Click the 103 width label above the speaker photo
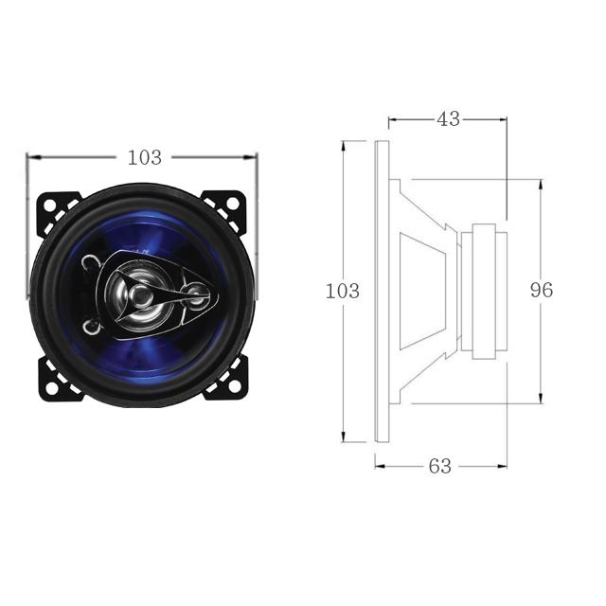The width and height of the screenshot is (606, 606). (144, 158)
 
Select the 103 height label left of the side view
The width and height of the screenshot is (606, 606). (342, 291)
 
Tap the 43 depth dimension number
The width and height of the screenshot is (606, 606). (448, 119)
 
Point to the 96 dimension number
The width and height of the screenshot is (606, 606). (541, 291)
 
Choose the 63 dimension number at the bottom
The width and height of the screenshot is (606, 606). (440, 466)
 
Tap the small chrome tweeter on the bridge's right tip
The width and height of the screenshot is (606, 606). (196, 295)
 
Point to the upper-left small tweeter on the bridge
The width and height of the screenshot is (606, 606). (91, 264)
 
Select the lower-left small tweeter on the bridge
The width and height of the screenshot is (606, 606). (91, 327)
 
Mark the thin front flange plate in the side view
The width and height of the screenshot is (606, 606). (382, 292)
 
